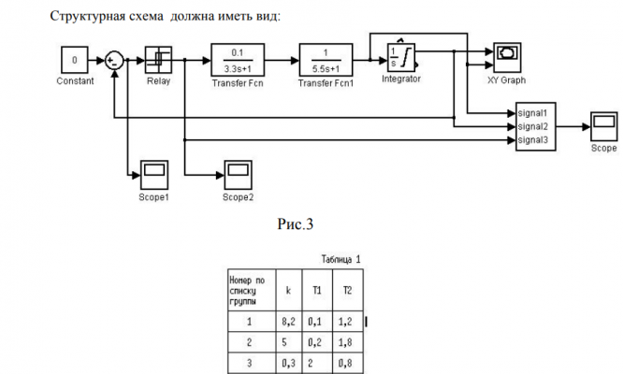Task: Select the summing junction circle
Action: tap(114, 61)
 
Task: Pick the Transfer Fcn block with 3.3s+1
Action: tap(238, 61)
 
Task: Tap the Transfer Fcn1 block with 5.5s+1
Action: tap(325, 61)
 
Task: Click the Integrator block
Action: tap(401, 59)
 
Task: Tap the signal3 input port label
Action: tap(534, 140)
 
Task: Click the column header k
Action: tap(288, 291)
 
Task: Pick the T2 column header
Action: tap(348, 291)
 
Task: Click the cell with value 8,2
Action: tap(289, 322)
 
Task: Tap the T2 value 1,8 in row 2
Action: tap(348, 341)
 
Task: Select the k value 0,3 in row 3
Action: tap(289, 361)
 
